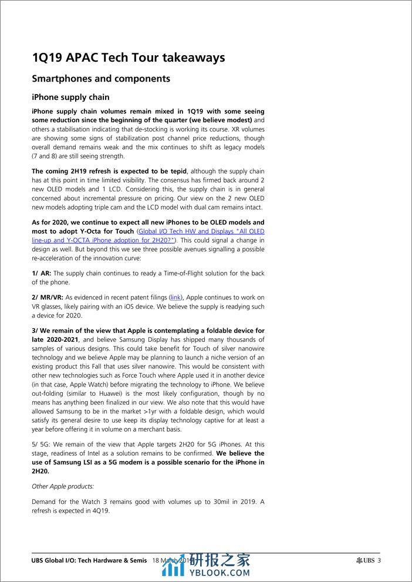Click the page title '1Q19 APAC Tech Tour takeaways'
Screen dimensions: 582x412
coord(128,58)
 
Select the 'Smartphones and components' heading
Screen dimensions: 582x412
coord(101,79)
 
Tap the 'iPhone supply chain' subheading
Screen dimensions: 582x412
coord(70,97)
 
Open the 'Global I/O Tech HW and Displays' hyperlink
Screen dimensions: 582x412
coord(200,231)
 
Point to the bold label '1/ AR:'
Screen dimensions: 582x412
coord(42,273)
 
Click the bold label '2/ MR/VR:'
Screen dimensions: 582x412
coord(48,298)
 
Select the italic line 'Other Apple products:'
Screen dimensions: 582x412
coord(62,487)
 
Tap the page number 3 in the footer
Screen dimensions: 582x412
coord(379,560)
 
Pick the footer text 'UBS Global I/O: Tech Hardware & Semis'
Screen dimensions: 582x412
coord(88,560)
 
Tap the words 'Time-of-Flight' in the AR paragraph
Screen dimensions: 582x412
coord(178,273)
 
